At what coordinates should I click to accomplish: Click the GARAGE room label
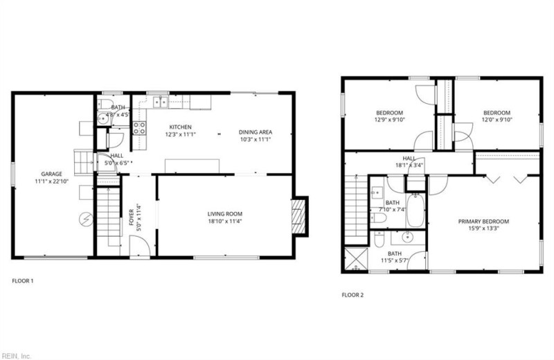click(51, 174)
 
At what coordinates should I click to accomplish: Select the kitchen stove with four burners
click(139, 128)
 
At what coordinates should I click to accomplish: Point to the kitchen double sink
click(161, 102)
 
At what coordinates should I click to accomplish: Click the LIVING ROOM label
click(224, 214)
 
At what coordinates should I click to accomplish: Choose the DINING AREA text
click(256, 132)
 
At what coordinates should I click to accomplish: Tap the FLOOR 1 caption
click(23, 281)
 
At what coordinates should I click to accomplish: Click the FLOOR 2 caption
click(352, 295)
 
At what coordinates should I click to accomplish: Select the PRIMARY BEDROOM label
click(483, 222)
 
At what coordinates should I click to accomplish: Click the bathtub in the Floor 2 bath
click(415, 210)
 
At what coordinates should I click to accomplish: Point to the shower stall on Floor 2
click(356, 259)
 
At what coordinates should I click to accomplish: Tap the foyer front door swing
click(140, 246)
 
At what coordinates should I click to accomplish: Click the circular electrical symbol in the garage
click(86, 220)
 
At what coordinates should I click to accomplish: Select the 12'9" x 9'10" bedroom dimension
click(389, 119)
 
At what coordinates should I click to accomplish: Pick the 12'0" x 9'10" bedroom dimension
click(497, 119)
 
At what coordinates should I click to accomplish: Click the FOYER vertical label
click(131, 217)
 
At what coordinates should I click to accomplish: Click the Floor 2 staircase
click(356, 210)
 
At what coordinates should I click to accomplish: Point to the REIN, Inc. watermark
click(16, 356)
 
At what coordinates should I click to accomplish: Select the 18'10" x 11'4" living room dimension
click(224, 221)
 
